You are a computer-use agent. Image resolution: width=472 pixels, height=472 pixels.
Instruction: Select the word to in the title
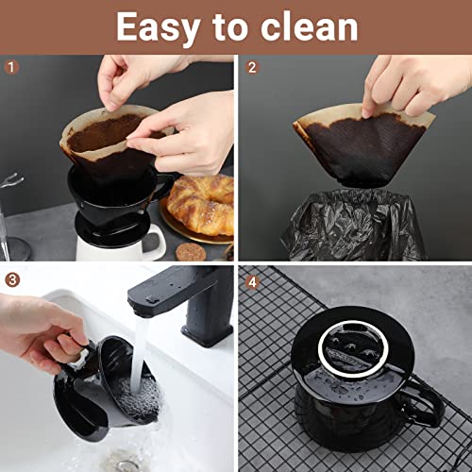231,27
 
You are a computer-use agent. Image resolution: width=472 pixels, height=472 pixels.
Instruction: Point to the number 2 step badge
252,67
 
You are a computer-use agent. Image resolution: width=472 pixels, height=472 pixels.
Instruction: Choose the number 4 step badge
252,279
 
